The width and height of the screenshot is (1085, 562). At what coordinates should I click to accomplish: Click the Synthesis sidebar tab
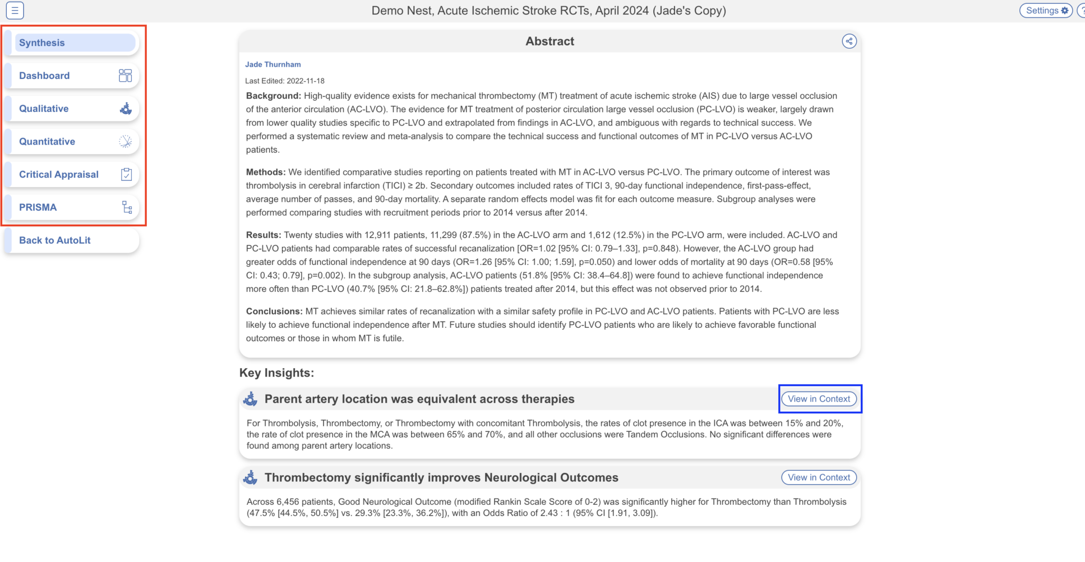(74, 43)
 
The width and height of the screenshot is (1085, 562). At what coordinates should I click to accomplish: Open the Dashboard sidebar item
(72, 76)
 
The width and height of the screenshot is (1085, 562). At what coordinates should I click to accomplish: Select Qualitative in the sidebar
(72, 109)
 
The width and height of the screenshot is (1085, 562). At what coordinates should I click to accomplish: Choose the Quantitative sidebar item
(72, 141)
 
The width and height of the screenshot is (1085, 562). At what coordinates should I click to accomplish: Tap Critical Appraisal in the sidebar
(72, 174)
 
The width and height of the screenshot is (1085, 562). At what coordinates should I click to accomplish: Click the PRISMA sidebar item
(72, 207)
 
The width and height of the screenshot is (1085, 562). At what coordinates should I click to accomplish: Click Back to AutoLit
(72, 240)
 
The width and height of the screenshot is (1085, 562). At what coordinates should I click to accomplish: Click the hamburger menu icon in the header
(15, 11)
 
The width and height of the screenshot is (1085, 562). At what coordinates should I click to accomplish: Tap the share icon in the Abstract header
(849, 41)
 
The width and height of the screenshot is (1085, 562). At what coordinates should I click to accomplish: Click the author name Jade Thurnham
(273, 65)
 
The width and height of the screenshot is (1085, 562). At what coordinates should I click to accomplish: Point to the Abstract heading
(549, 41)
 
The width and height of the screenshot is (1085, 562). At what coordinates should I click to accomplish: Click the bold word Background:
(273, 96)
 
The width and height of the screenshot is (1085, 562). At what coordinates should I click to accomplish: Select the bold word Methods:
(265, 172)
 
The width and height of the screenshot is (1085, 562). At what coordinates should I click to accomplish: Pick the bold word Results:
(263, 235)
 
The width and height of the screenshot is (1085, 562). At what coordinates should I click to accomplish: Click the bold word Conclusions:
(274, 311)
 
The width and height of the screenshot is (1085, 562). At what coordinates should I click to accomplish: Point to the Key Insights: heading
(277, 373)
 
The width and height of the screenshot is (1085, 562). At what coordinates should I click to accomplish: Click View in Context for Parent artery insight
(819, 399)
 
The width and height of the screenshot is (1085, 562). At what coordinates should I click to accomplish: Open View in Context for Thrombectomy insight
(819, 477)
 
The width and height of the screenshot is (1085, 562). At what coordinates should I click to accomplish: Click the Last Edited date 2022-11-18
(305, 81)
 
